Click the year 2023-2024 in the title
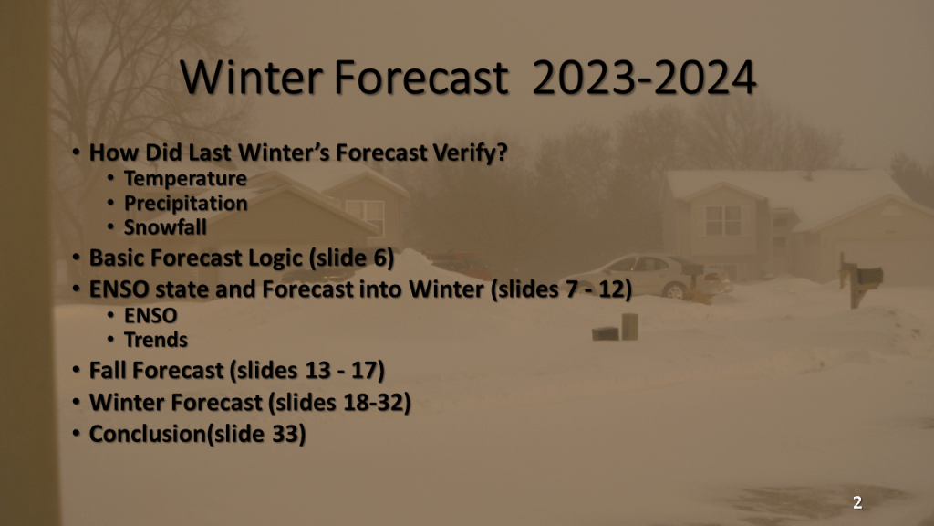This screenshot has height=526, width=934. (x=644, y=78)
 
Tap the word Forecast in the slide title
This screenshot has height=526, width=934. (x=421, y=78)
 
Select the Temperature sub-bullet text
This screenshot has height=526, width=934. (x=185, y=178)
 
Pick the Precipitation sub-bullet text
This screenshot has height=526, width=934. (x=186, y=204)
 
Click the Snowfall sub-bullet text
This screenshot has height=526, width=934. (x=165, y=227)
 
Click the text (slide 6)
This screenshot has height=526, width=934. (x=351, y=258)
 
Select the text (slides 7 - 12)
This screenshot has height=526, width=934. (x=561, y=289)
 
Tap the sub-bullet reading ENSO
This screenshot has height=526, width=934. (x=150, y=315)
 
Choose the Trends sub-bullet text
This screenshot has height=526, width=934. (x=155, y=340)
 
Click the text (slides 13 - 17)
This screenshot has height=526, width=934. (x=307, y=371)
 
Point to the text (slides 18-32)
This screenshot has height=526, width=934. (x=339, y=403)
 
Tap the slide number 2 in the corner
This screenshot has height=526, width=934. (x=857, y=503)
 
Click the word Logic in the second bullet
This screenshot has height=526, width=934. (x=275, y=258)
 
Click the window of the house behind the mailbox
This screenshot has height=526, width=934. (x=723, y=221)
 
